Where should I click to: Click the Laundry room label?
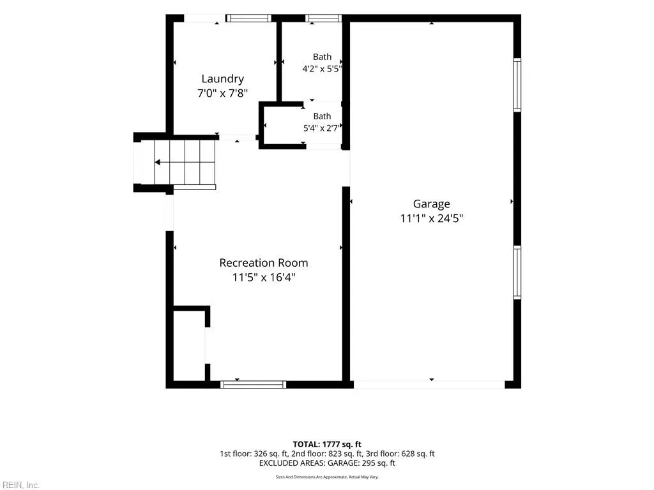pos(223,79)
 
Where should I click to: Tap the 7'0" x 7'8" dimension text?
pos(223,93)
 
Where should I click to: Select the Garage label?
pos(431,204)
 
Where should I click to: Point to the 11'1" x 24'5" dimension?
pos(431,218)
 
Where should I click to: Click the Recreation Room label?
pos(264,263)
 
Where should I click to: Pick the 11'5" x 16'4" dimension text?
pos(264,277)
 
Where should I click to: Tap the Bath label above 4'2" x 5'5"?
pos(322,57)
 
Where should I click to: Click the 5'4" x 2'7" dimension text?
pos(322,128)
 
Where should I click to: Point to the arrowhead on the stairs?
pos(158,162)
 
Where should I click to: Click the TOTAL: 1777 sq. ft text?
pos(327,444)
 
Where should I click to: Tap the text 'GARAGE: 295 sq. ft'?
pos(361,463)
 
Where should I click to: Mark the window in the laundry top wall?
pos(248,19)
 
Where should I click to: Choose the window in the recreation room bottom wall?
pos(253,385)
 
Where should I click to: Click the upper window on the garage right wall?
pos(517,85)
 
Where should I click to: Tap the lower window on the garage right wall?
pos(517,272)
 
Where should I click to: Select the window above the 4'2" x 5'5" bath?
pos(323,19)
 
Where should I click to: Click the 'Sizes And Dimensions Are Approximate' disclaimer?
pos(327,477)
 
